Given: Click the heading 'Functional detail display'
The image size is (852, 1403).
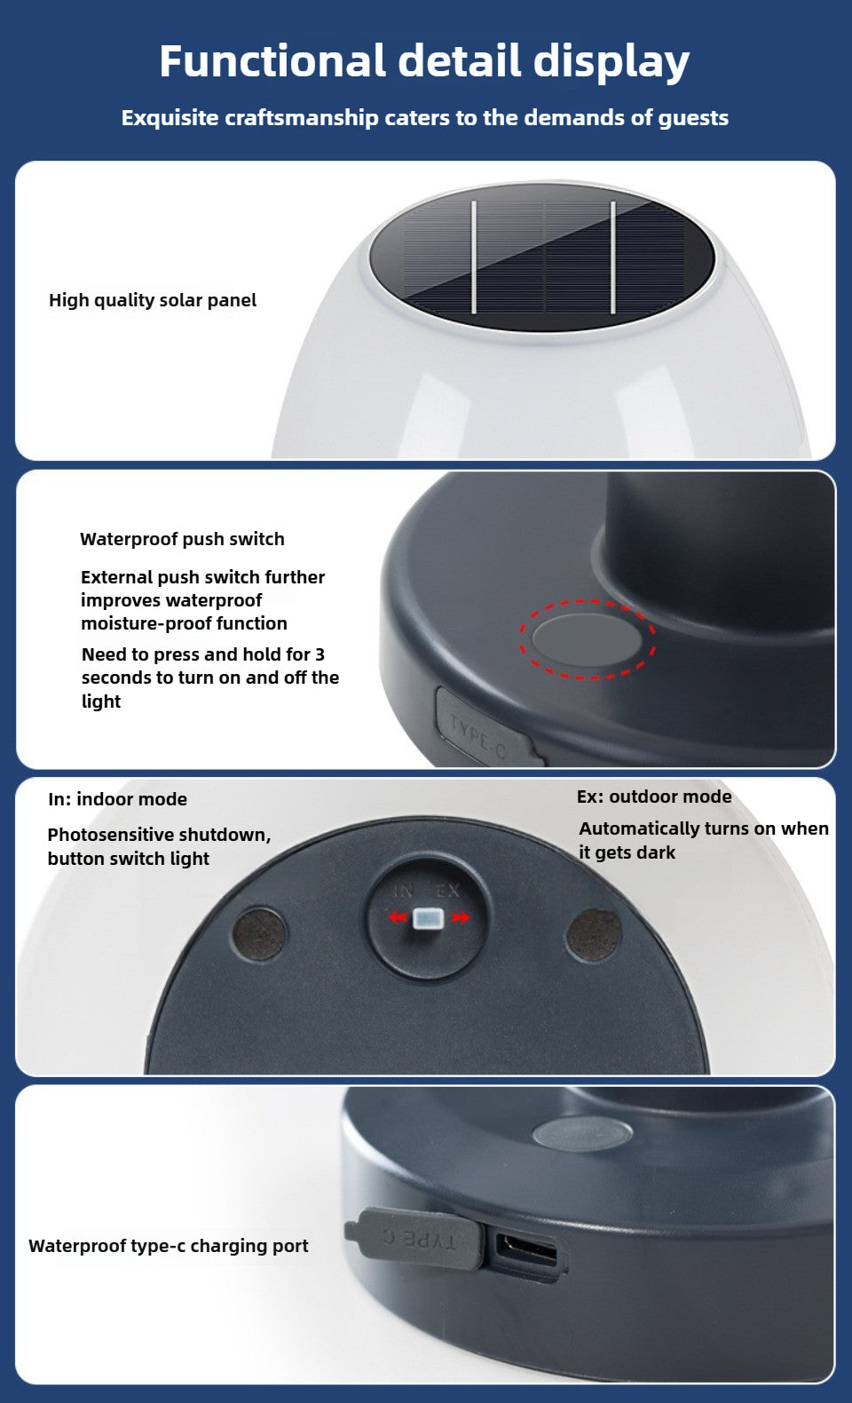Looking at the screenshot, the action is point(424,61).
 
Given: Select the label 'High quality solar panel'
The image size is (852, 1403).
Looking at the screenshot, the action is point(153,300).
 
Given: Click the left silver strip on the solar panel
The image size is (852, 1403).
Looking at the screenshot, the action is point(474,257).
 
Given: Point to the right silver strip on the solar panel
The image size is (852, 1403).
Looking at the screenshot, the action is point(613,258).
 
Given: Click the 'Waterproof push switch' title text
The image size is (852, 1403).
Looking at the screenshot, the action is point(182,539).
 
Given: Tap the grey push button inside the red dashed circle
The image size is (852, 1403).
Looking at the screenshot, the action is point(587,639).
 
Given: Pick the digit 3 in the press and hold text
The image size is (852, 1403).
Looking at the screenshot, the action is point(319,654).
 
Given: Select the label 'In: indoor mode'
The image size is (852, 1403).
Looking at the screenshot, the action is point(118,799).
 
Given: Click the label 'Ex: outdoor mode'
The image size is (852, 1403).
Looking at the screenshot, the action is point(654,797).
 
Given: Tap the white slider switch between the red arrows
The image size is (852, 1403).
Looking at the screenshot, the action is point(429,918).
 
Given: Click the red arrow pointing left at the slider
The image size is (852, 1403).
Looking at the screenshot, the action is point(398,917).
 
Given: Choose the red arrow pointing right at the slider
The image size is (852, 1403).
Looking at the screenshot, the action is point(460,918).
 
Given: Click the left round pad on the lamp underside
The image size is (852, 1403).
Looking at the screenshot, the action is point(260,934).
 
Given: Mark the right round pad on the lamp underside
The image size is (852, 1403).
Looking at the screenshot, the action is point(594,934).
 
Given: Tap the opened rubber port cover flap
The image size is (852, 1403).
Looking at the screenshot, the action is point(415,1238).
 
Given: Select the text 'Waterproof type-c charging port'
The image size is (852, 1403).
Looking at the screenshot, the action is point(169,1246).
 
